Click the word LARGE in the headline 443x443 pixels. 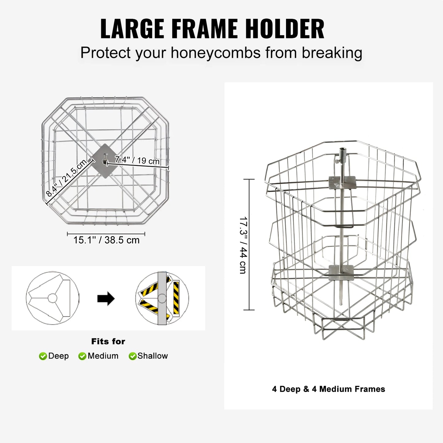[132, 29]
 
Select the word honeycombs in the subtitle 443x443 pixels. [216, 53]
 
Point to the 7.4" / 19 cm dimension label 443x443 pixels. [137, 160]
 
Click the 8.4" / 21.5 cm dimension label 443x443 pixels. [67, 178]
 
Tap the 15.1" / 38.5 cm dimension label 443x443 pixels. [106, 240]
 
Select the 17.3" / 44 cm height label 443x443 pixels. [243, 245]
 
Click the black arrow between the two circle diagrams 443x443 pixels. [106, 299]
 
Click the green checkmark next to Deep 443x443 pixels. [43, 356]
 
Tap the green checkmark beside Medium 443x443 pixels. [82, 356]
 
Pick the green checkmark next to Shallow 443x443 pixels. [132, 356]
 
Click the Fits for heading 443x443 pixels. [108, 342]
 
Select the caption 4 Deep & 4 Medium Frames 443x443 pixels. [328, 389]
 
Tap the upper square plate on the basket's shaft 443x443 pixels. [342, 183]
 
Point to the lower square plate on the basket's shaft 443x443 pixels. [341, 273]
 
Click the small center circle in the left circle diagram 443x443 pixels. [52, 298]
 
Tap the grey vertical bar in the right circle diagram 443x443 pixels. [162, 298]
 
